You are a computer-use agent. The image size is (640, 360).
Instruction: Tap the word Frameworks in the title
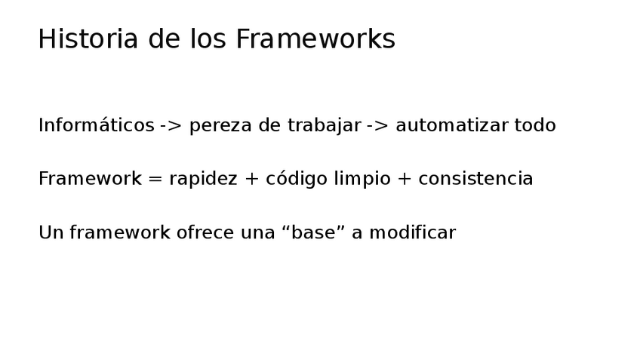tap(315, 39)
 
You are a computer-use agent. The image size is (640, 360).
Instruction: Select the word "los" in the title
tap(208, 39)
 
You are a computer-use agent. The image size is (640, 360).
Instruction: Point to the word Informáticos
tap(96, 126)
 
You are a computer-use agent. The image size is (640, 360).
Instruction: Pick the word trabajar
tap(324, 126)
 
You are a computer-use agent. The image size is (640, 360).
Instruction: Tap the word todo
tap(535, 126)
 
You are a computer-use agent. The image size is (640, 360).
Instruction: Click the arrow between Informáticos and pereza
tap(171, 126)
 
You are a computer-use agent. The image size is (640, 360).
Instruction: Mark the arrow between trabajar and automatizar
tap(377, 126)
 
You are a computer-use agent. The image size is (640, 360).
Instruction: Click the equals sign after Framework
tap(155, 180)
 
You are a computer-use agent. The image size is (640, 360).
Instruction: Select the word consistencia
tap(475, 180)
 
